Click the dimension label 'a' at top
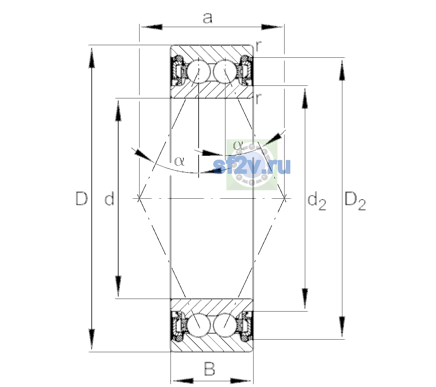click(207, 18)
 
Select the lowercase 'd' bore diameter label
click(109, 199)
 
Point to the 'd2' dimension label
click(317, 202)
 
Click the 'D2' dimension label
click(355, 201)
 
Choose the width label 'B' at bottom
click(210, 369)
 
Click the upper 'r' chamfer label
click(259, 46)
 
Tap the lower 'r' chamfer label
click(259, 99)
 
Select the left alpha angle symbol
click(179, 161)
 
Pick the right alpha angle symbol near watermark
click(238, 145)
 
